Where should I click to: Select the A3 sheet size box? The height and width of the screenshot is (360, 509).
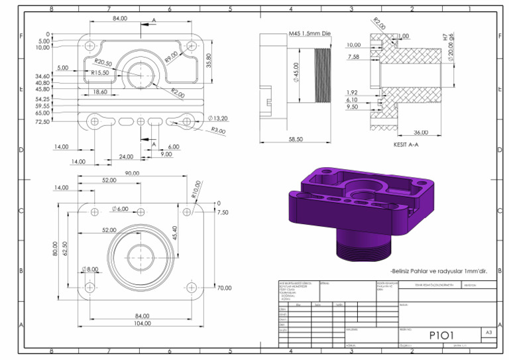pos(488,331)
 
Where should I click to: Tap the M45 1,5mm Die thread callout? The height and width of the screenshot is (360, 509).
pos(309,33)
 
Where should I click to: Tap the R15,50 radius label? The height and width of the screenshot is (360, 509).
pos(100,72)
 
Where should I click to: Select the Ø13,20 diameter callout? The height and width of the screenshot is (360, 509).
pos(217,118)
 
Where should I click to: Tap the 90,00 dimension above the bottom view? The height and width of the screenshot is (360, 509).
pos(132,173)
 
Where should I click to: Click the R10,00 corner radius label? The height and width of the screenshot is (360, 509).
pos(196,190)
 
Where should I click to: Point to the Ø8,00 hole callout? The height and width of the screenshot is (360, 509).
pos(89,269)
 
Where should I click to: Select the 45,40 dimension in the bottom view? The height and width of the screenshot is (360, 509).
pos(174,233)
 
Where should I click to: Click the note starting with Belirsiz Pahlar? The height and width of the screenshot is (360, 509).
pos(438,270)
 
